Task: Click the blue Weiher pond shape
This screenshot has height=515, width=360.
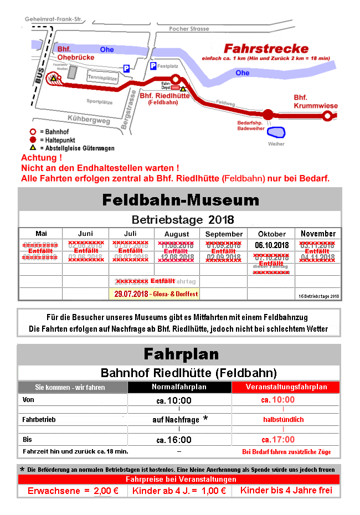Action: (276, 133)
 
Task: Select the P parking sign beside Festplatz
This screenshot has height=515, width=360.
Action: (154, 66)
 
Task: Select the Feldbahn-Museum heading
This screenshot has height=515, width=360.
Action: (181, 199)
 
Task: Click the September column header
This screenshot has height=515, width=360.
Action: (224, 234)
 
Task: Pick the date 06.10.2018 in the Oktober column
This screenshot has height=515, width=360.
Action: (271, 245)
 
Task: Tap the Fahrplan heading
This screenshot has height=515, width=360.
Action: (181, 354)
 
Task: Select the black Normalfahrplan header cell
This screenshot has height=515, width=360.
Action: (179, 387)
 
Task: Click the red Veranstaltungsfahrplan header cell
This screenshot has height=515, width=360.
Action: (286, 387)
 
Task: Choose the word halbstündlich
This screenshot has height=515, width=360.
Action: (283, 420)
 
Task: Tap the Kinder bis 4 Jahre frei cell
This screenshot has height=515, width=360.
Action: (286, 491)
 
